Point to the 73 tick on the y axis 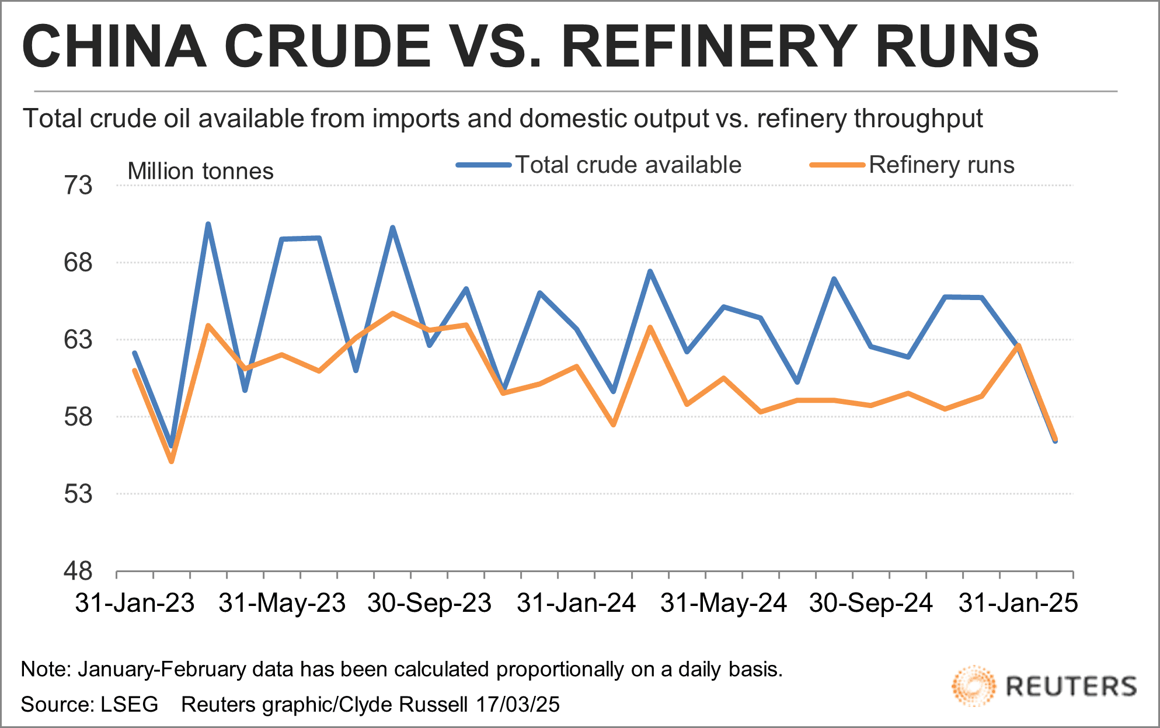click(78, 186)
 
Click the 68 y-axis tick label click(78, 263)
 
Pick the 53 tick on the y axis click(78, 494)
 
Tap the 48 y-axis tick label click(78, 571)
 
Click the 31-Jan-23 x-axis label click(135, 602)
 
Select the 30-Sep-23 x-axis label click(430, 602)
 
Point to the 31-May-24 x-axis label click(724, 602)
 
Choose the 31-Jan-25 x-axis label click(1018, 602)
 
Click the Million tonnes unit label click(200, 172)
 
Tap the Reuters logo click(1044, 686)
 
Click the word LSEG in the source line click(129, 705)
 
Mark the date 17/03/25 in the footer click(517, 705)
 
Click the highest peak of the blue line click(208, 224)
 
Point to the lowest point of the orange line click(172, 462)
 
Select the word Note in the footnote click(44, 670)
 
